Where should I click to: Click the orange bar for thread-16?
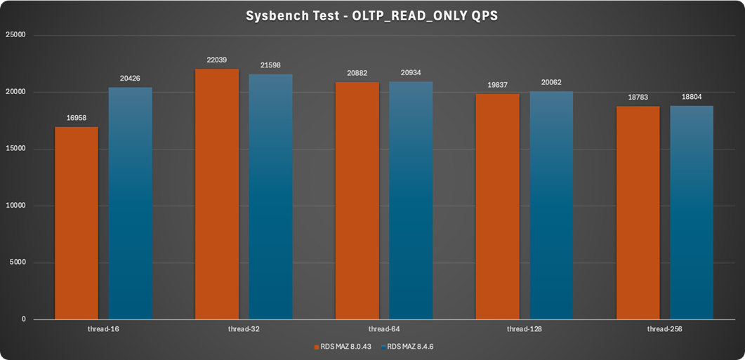(77, 223)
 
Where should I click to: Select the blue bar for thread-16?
(130, 204)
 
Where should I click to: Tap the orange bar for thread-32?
(217, 194)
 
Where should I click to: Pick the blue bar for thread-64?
(411, 201)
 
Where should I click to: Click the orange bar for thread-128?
(498, 207)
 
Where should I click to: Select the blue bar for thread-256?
(692, 213)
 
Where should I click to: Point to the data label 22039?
(217, 60)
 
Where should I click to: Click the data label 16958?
(77, 119)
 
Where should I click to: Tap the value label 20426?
(130, 79)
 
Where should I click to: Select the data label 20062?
(551, 83)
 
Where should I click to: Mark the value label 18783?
(638, 98)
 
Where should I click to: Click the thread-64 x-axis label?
(384, 328)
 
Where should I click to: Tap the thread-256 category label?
(665, 328)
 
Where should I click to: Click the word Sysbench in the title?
(275, 15)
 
